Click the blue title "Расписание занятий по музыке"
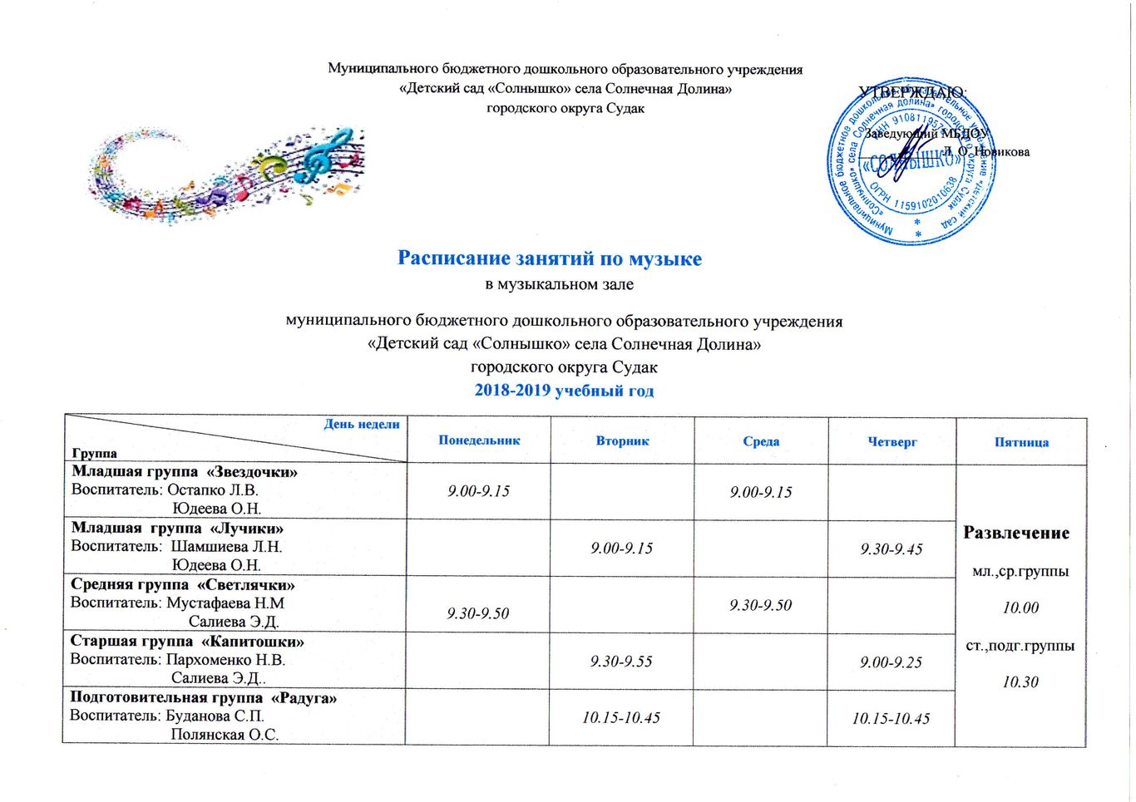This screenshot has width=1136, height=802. pos(549,258)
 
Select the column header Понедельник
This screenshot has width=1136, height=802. pos(479,440)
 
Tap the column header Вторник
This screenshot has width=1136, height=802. pos(622,441)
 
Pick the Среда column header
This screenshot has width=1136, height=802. pos(761,441)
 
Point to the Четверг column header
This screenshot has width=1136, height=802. pos(892,442)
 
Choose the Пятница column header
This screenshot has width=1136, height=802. pos(1021,443)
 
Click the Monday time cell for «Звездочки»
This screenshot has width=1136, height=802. pos(478,491)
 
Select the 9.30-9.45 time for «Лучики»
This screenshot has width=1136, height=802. pos(892,549)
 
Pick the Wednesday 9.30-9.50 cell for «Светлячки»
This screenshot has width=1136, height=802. pos(760,606)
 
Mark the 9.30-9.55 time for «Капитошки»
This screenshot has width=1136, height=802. pos(621,662)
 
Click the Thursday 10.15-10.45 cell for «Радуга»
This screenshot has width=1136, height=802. pos(891,719)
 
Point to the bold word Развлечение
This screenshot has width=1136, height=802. pos(1016,534)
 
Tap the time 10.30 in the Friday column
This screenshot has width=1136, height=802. pos(1020,682)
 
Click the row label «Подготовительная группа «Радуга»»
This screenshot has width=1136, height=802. pos(203,698)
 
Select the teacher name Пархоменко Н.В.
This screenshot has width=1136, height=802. pos(225,660)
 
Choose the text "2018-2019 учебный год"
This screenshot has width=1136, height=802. pos(564,391)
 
